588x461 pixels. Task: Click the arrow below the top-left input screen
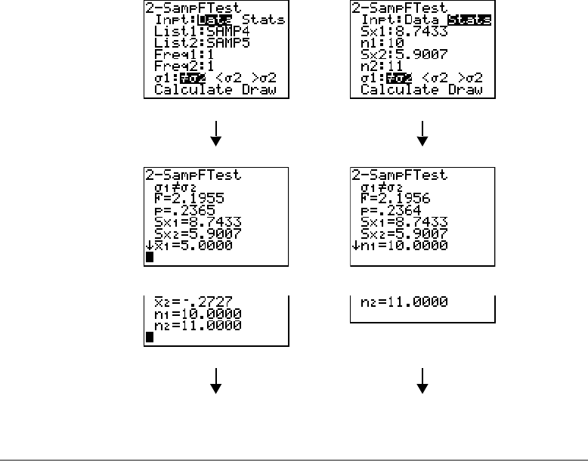(216, 134)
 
